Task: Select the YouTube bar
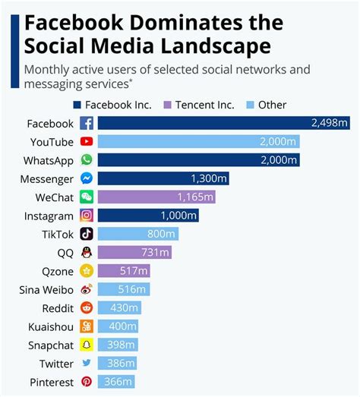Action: click(198, 142)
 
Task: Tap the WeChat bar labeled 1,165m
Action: click(156, 197)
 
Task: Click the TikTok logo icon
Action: click(87, 235)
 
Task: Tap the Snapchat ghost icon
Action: click(87, 345)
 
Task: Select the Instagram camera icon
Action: click(87, 216)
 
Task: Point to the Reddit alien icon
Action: click(87, 308)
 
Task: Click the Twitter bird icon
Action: click(87, 364)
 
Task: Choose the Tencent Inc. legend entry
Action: click(201, 105)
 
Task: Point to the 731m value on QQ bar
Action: click(155, 253)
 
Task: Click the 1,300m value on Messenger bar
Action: click(208, 179)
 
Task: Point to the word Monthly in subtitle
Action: click(48, 69)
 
